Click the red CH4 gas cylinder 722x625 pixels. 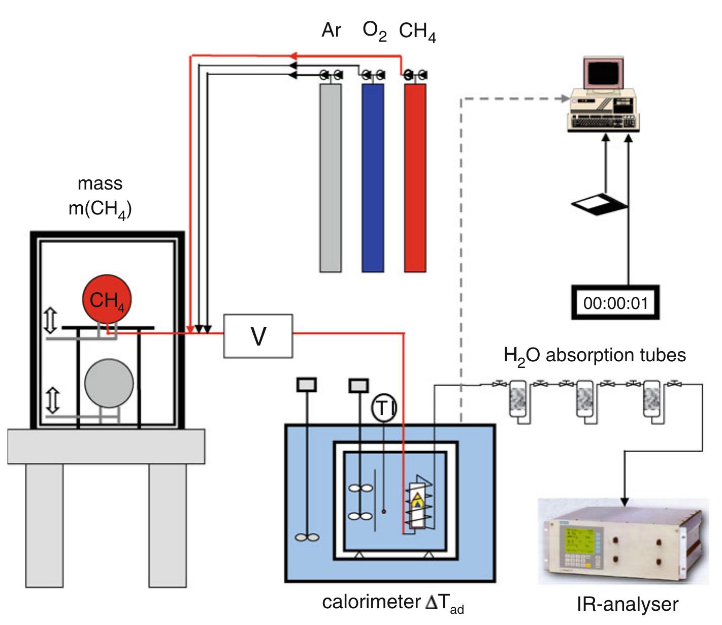click(415, 178)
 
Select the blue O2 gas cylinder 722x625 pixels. click(373, 178)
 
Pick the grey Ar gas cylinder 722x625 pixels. click(330, 178)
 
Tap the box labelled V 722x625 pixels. click(258, 336)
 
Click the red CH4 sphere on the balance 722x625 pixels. click(107, 300)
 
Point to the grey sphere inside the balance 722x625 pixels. click(109, 384)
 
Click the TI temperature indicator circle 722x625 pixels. click(384, 408)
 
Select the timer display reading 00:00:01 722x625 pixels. click(615, 303)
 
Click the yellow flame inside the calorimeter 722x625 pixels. click(417, 501)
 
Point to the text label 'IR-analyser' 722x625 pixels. click(627, 604)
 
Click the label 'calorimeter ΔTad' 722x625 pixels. click(392, 603)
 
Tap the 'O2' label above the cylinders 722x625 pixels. click(374, 31)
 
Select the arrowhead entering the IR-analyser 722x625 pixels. click(624, 501)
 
